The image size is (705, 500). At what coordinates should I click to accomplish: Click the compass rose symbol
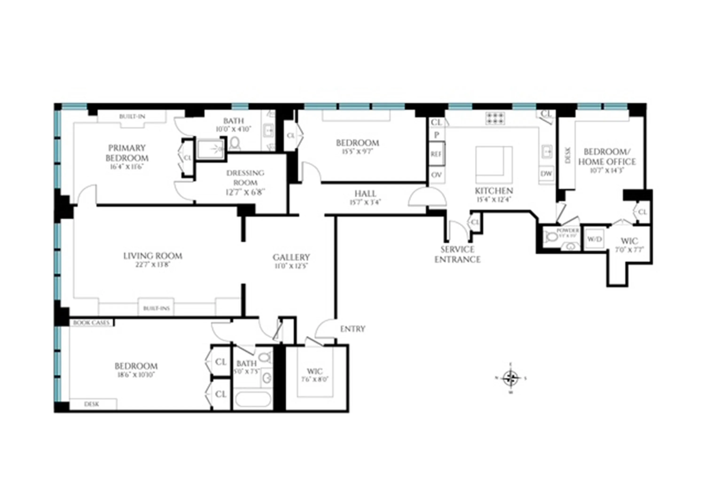pyautogui.click(x=511, y=378)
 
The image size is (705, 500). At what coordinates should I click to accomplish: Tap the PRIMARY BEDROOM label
pyautogui.click(x=127, y=153)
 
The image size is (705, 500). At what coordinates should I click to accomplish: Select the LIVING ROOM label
pyautogui.click(x=153, y=256)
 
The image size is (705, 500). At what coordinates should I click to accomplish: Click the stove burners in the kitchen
pyautogui.click(x=495, y=118)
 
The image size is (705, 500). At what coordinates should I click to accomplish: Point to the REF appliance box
pyautogui.click(x=436, y=154)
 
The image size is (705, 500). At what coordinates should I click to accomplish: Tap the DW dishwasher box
pyautogui.click(x=546, y=174)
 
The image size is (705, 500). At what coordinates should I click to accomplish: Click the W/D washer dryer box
pyautogui.click(x=595, y=239)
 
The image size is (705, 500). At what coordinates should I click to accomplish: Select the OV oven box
pyautogui.click(x=436, y=175)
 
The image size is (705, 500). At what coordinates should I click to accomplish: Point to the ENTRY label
pyautogui.click(x=352, y=329)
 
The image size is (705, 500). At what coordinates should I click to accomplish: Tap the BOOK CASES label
pyautogui.click(x=91, y=323)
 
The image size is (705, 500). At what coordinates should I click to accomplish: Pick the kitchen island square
pyautogui.click(x=494, y=164)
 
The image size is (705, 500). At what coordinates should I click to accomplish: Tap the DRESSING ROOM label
pyautogui.click(x=245, y=177)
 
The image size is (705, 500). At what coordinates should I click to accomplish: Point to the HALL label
pyautogui.click(x=365, y=194)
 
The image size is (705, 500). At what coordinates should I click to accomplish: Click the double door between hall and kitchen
pyautogui.click(x=427, y=197)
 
